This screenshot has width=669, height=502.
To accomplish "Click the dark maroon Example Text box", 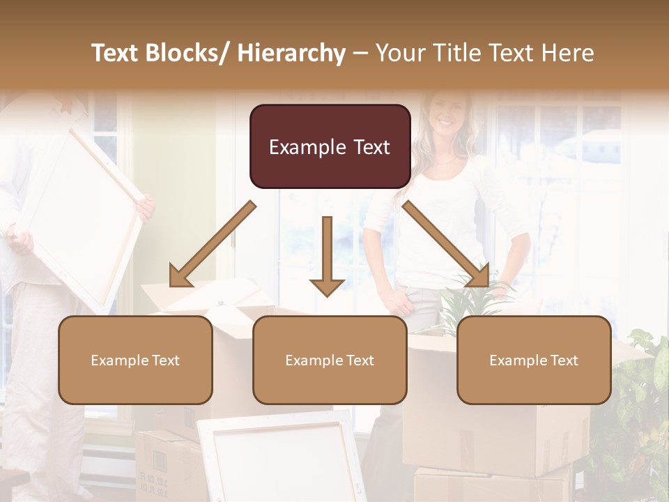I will [330, 146].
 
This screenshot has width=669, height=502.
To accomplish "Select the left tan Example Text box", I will [135, 360].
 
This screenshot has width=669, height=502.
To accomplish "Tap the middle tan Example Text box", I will [330, 360].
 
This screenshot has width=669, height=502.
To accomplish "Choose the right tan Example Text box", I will [534, 360].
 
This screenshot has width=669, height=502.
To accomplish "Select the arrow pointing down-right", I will [446, 245].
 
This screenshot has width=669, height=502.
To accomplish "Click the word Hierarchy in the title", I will [291, 53].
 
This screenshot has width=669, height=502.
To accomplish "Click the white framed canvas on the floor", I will [282, 457].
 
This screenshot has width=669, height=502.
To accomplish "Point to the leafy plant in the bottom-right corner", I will [638, 418].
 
